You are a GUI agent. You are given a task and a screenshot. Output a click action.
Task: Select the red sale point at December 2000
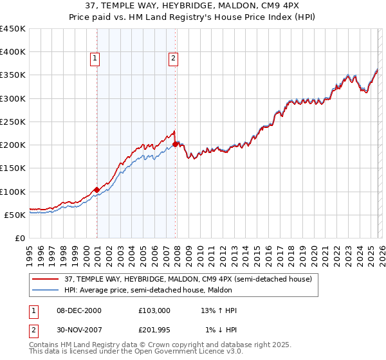click(96, 190)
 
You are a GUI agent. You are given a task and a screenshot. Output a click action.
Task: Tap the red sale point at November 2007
click(176, 144)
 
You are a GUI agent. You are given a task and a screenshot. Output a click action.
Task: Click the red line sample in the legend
click(46, 279)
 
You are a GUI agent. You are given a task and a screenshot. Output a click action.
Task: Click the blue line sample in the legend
click(46, 290)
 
